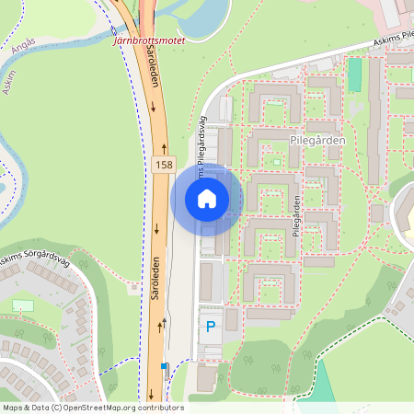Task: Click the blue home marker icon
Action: pyautogui.click(x=207, y=198)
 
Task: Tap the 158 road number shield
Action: pyautogui.click(x=164, y=165)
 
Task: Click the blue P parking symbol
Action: pyautogui.click(x=211, y=326)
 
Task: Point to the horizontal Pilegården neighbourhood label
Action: pyautogui.click(x=316, y=140)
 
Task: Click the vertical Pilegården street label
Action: pyautogui.click(x=296, y=217)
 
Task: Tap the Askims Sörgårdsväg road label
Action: pyautogui.click(x=35, y=259)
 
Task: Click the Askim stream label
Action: pyautogui.click(x=9, y=84)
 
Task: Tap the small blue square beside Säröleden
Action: pyautogui.click(x=165, y=366)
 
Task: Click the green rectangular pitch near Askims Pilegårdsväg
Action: pyautogui.click(x=354, y=75)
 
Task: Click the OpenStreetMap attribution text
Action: pyautogui.click(x=93, y=407)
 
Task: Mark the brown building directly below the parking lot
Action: pyautogui.click(x=207, y=377)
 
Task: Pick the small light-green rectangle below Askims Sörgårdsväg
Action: pyautogui.click(x=23, y=305)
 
